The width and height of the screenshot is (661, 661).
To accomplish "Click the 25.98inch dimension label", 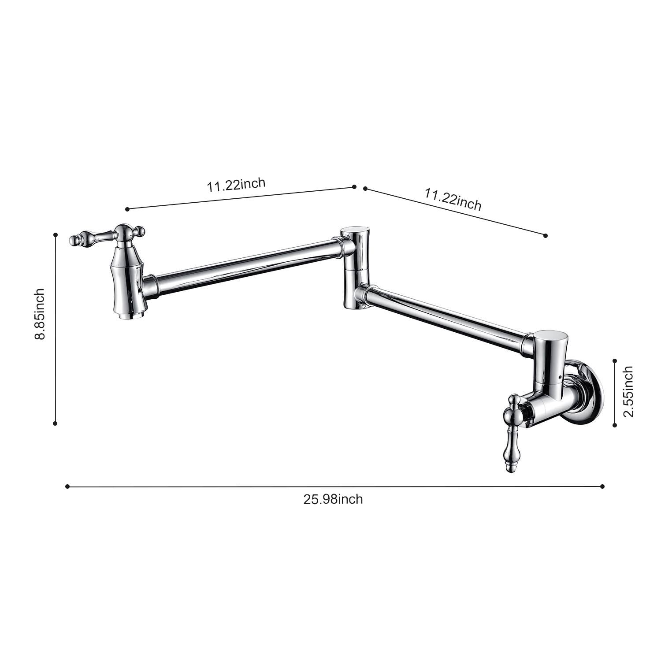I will pos(333,499).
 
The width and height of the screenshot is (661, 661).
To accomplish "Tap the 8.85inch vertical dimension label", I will pos(40,314).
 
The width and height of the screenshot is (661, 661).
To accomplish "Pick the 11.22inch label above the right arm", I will pos(453,199).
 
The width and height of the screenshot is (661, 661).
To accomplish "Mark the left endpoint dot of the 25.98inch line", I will pos(67,486).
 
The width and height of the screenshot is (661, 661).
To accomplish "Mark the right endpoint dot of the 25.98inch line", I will pos(602,486).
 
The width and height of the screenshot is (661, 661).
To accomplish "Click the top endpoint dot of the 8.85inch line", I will pos(56,235).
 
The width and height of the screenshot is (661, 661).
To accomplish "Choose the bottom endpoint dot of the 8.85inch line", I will pos(55,423).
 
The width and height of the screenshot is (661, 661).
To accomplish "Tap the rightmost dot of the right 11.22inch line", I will pos(546,236).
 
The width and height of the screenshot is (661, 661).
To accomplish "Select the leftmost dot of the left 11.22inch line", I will pos(127,209).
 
